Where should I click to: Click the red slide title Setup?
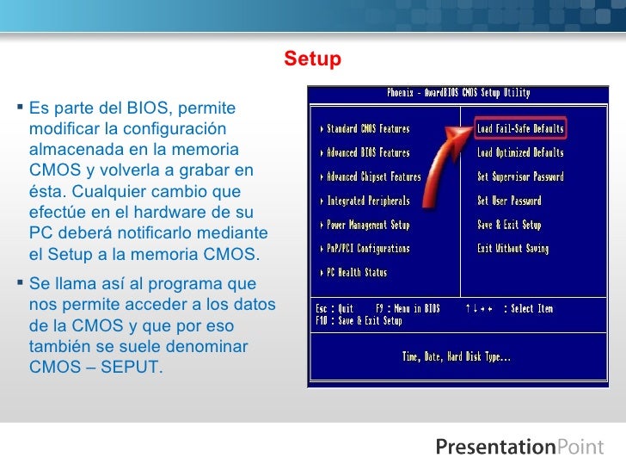313,59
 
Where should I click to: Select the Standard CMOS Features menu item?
368,129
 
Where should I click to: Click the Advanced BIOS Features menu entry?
368,153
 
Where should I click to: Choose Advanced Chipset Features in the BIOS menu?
374,177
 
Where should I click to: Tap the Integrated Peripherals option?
368,201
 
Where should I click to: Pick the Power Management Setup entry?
368,225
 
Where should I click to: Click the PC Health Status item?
357,273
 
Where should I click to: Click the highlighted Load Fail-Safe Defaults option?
520,129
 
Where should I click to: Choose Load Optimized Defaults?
520,153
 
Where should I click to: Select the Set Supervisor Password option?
520,177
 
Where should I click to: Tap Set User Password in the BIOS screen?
509,201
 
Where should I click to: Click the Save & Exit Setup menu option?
509,225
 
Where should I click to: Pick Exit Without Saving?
512,249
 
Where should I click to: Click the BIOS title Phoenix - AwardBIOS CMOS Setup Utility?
458,93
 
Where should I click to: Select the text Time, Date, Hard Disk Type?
457,356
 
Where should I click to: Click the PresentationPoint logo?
519,447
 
